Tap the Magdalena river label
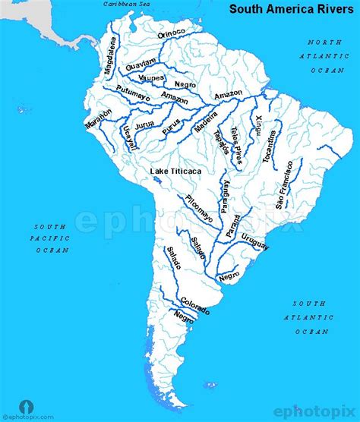[110, 59]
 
